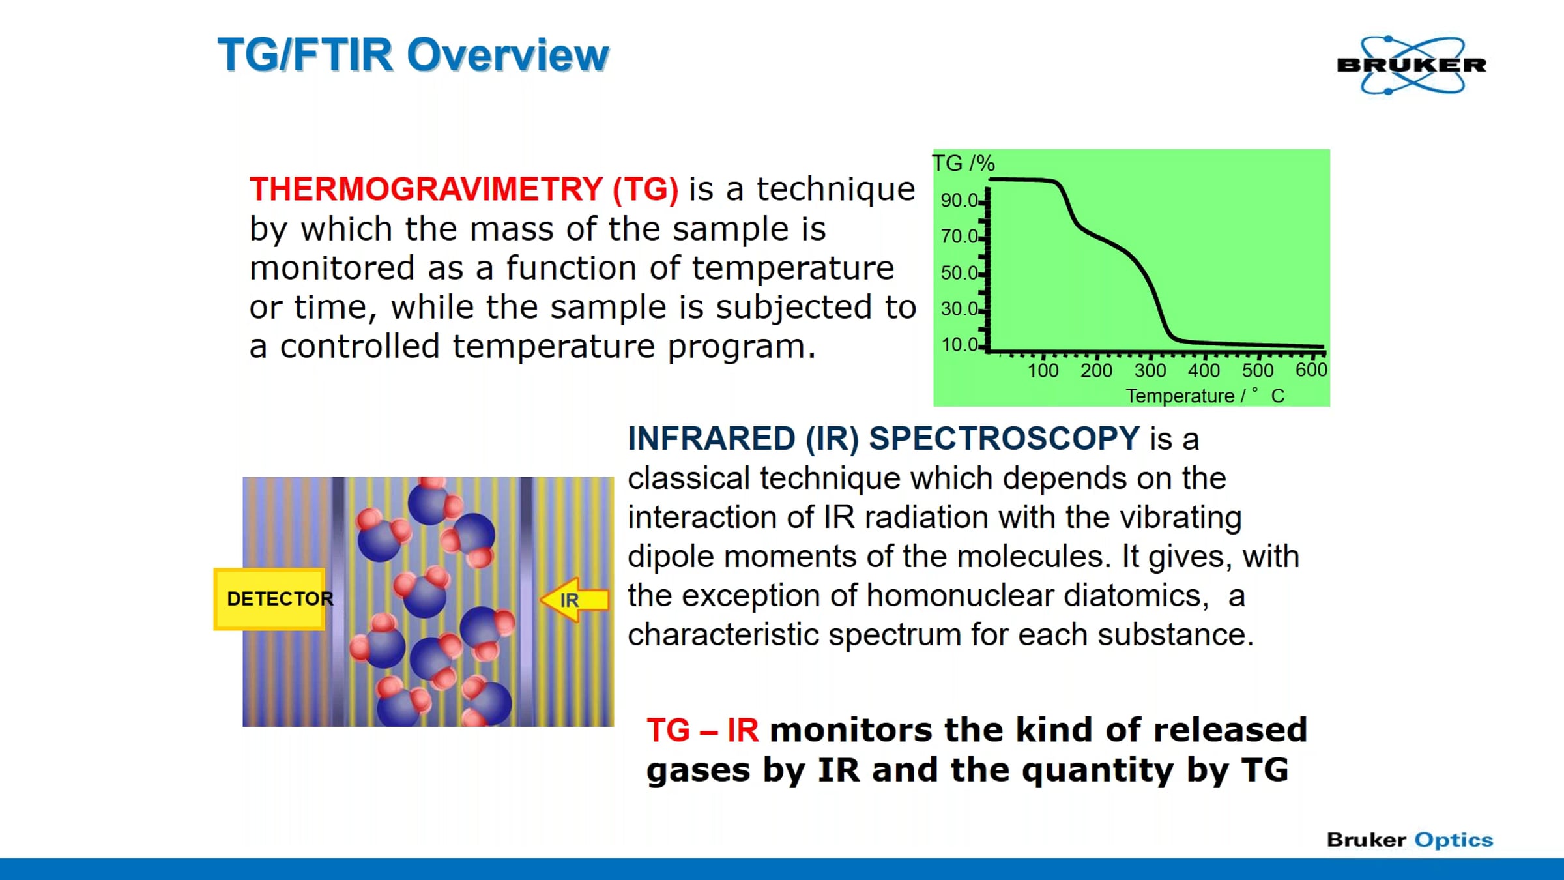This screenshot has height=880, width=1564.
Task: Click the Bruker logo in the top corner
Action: point(1412,65)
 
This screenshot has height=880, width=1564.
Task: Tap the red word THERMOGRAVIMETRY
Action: point(426,189)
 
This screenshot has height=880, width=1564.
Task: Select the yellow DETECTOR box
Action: point(269,599)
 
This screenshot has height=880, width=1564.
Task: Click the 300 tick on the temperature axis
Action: point(1150,370)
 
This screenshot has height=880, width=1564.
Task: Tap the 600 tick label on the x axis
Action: point(1311,370)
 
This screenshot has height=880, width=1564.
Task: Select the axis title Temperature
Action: point(1180,396)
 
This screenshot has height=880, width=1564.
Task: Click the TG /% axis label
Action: point(963,164)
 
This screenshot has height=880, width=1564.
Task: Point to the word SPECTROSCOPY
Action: point(1004,438)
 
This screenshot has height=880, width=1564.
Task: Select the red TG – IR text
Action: point(702,730)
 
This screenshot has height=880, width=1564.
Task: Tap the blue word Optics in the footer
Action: point(1453,840)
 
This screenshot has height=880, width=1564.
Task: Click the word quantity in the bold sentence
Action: point(1098,771)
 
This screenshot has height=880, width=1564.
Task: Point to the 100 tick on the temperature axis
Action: point(1043,370)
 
